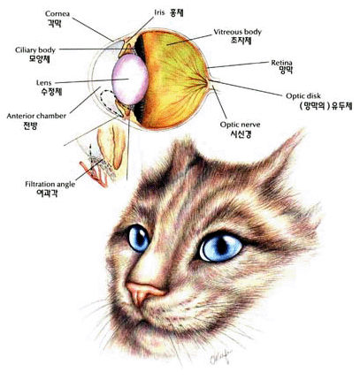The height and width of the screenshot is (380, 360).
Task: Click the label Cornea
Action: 57,14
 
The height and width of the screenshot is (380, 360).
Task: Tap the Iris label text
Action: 159,12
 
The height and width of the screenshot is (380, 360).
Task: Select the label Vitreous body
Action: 238,32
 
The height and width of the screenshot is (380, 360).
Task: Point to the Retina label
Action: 282,63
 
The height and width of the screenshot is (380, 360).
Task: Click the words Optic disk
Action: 303,96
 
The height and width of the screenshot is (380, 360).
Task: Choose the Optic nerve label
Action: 241,125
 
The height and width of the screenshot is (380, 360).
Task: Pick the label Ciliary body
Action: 35,50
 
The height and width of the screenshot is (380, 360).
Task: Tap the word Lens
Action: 43,83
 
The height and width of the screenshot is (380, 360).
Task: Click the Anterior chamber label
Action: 36,116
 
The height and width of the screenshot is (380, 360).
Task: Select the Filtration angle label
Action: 50,185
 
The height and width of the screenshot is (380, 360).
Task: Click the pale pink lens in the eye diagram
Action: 130,79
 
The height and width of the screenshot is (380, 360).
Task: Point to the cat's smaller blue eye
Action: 139,238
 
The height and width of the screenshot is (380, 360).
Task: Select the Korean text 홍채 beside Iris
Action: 177,12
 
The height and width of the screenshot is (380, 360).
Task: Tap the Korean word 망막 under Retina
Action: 286,71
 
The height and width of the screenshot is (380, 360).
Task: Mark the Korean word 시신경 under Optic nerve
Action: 241,134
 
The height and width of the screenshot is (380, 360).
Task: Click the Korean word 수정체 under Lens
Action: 51,92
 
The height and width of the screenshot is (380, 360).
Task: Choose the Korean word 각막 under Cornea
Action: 55,23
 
